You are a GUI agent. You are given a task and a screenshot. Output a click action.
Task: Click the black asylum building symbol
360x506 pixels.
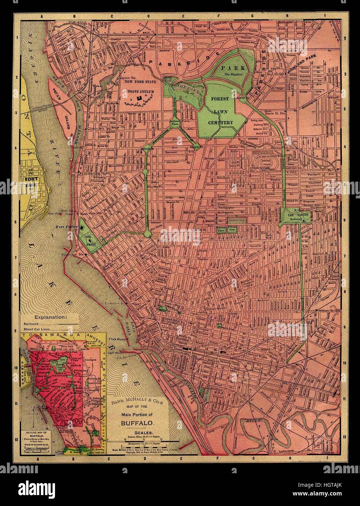pos(139,98)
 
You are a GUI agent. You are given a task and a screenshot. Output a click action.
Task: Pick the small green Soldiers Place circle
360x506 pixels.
pos(174,123)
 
